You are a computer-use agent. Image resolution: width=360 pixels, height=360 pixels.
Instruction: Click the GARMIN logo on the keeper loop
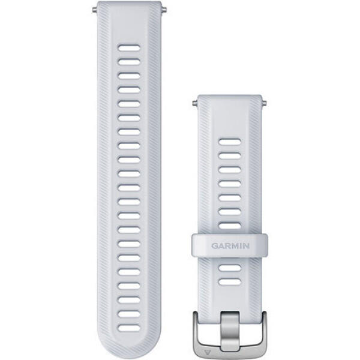point(230,246)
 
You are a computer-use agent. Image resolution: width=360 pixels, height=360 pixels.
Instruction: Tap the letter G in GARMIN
point(215,246)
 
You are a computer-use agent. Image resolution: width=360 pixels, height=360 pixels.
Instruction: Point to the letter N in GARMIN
point(246,246)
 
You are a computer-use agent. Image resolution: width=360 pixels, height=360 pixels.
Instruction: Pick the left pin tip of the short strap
point(194,103)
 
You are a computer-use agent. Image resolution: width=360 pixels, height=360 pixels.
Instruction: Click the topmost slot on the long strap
point(129,48)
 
